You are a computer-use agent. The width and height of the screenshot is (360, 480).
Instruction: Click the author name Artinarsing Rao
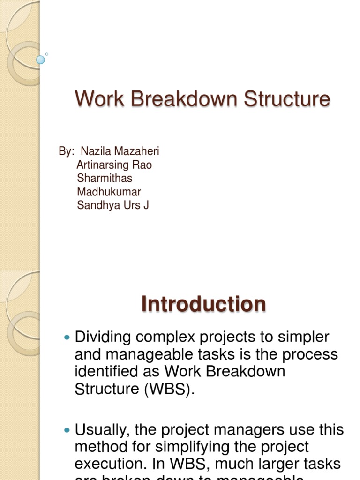114,165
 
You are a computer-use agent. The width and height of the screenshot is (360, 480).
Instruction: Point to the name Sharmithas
104,178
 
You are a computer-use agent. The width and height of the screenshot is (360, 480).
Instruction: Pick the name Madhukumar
109,192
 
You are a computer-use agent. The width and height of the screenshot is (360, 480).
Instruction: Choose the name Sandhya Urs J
112,205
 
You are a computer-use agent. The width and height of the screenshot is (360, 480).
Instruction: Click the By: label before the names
67,151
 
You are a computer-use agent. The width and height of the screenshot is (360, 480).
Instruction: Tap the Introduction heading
203,304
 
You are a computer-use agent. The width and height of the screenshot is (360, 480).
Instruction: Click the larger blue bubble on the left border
41,60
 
